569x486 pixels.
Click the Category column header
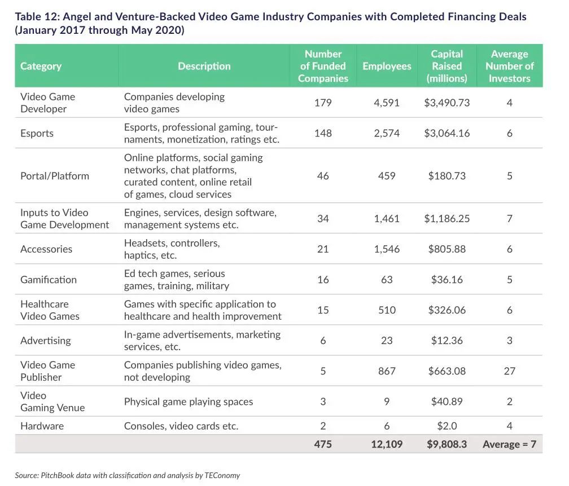41,66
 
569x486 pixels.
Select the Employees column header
387,66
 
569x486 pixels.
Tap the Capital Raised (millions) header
447,66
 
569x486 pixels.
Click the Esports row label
37,133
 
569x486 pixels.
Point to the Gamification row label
49,280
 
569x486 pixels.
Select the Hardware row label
42,426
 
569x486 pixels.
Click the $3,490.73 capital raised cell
447,103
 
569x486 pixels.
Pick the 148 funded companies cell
323,133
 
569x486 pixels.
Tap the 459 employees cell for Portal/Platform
387,176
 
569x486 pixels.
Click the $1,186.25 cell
447,218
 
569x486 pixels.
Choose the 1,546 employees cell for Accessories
387,249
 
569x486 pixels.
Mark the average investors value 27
509,371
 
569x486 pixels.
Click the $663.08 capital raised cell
447,371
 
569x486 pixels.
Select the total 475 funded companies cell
323,444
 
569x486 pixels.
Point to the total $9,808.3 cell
447,444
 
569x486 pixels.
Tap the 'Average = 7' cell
509,444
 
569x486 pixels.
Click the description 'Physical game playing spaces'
189,401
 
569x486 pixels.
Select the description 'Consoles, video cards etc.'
181,426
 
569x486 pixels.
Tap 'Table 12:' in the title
37,16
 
